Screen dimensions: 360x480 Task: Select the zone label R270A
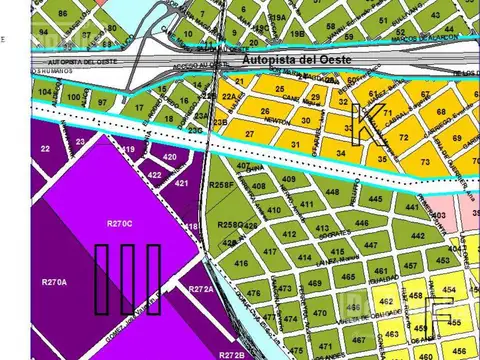tap(54, 283)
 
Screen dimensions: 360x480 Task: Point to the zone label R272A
tap(202, 289)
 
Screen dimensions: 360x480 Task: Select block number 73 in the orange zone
tap(425, 160)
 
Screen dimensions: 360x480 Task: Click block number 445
tap(376, 200)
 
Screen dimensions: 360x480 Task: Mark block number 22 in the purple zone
tap(44, 148)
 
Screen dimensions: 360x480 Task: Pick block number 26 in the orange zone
tap(264, 112)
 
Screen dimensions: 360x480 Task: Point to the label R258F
tap(221, 186)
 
